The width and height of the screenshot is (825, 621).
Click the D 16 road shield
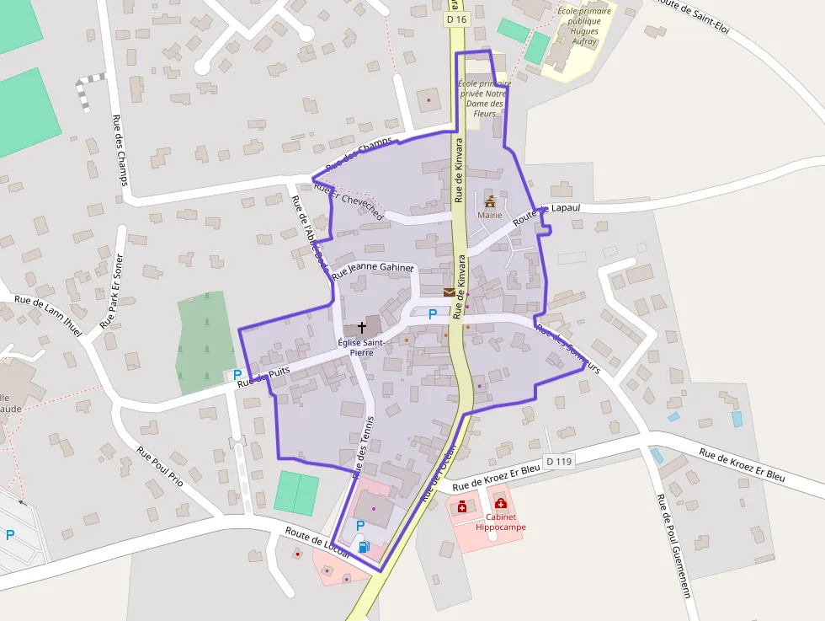[x=455, y=19]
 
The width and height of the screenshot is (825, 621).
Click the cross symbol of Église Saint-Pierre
[x=362, y=326]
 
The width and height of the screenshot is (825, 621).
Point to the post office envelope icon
[x=450, y=292]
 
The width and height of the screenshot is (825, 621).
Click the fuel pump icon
[x=364, y=546]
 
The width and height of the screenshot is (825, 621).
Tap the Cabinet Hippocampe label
[x=500, y=522]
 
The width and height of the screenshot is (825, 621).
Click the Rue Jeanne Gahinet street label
[x=373, y=270]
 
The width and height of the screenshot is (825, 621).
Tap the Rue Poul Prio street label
[x=160, y=468]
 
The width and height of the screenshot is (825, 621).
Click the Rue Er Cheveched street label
[x=349, y=201]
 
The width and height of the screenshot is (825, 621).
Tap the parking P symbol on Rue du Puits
[x=237, y=375]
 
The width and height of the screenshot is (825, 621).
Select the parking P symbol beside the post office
[x=433, y=313]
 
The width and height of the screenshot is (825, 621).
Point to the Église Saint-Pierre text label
[x=361, y=347]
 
